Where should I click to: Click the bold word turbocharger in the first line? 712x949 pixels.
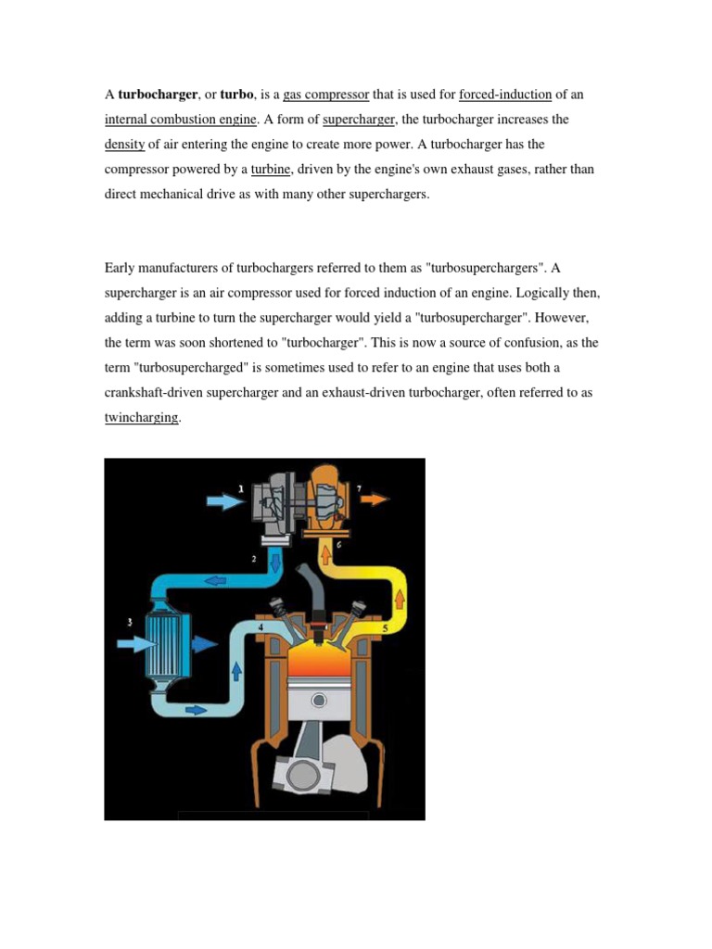click(x=158, y=95)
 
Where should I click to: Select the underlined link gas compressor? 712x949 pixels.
click(x=326, y=95)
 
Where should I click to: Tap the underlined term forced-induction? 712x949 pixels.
click(x=505, y=95)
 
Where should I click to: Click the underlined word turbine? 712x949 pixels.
click(x=272, y=170)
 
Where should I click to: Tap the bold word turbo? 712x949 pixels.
click(x=236, y=95)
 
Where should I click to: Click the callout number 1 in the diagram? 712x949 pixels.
click(x=240, y=487)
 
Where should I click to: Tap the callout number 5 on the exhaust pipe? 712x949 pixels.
click(x=385, y=627)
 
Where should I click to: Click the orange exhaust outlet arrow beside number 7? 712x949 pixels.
click(x=374, y=500)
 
